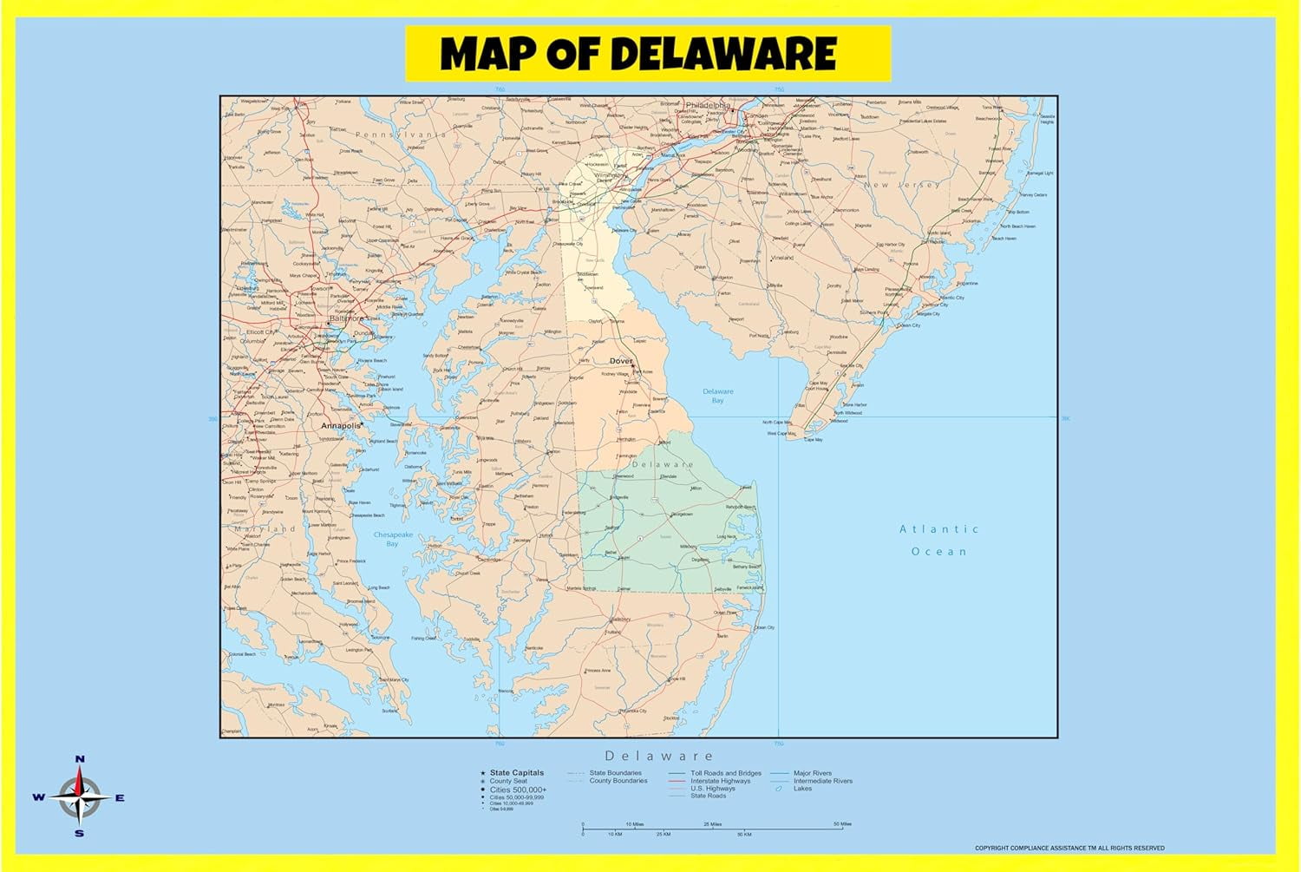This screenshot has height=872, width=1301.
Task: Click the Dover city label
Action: (x=621, y=361)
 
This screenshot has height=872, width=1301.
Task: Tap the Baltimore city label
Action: (x=346, y=318)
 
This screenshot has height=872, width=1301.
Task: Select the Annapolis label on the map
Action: (x=340, y=426)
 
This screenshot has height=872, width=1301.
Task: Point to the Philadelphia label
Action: (x=707, y=105)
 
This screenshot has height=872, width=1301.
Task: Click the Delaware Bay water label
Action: (x=717, y=396)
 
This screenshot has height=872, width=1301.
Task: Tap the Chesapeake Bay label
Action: (x=393, y=539)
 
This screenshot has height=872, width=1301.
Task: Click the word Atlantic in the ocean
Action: (x=938, y=528)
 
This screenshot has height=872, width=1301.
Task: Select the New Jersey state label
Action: (x=902, y=185)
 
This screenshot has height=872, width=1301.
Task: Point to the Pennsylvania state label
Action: (x=400, y=134)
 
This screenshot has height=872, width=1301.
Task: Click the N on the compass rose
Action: (x=80, y=759)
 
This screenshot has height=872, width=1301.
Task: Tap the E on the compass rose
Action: (x=120, y=798)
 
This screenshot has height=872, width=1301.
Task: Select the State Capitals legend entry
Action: (x=516, y=772)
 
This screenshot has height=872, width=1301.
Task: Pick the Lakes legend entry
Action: (x=802, y=789)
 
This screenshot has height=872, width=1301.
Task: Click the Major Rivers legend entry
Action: (x=812, y=773)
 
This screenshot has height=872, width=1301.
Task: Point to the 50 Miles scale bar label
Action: (x=841, y=823)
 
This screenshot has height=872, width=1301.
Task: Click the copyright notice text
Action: (x=1069, y=848)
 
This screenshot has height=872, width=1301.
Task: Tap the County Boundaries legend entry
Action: (x=618, y=781)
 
